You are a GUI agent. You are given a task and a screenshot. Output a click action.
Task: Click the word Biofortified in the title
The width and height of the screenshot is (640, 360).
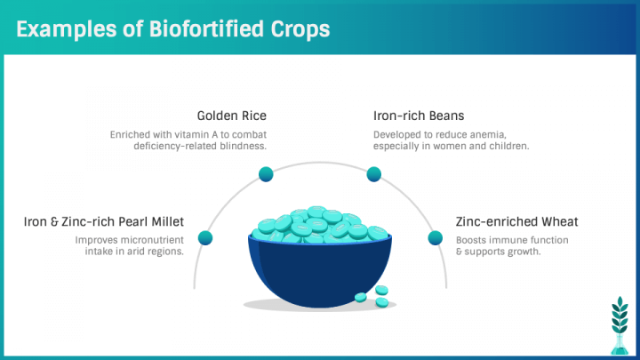pos(206,29)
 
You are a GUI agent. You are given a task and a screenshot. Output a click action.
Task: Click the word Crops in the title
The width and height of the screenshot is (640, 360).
pos(300,30)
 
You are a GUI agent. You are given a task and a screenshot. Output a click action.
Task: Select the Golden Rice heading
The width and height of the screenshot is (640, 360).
pos(231,116)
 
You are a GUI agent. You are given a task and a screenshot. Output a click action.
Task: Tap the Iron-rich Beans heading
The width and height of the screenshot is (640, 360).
pos(419,116)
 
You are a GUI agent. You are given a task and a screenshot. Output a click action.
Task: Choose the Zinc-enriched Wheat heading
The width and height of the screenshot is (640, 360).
pos(516,221)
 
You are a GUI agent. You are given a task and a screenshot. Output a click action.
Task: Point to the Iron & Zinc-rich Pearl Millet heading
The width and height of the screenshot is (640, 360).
pos(104,221)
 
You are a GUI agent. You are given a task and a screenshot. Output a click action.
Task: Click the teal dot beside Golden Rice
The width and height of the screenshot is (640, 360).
pos(266,174)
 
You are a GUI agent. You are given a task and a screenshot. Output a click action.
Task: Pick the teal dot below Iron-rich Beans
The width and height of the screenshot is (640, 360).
pos(374,174)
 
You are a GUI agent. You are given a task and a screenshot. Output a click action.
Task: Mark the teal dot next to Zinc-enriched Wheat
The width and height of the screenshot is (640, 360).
pos(435,238)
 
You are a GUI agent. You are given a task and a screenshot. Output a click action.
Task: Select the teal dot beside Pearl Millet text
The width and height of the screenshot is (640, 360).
pos(205,238)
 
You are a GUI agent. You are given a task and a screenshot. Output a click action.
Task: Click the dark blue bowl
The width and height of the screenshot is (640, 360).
pos(320,270)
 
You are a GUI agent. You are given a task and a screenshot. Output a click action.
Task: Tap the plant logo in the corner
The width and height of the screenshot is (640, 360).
pos(620,325)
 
